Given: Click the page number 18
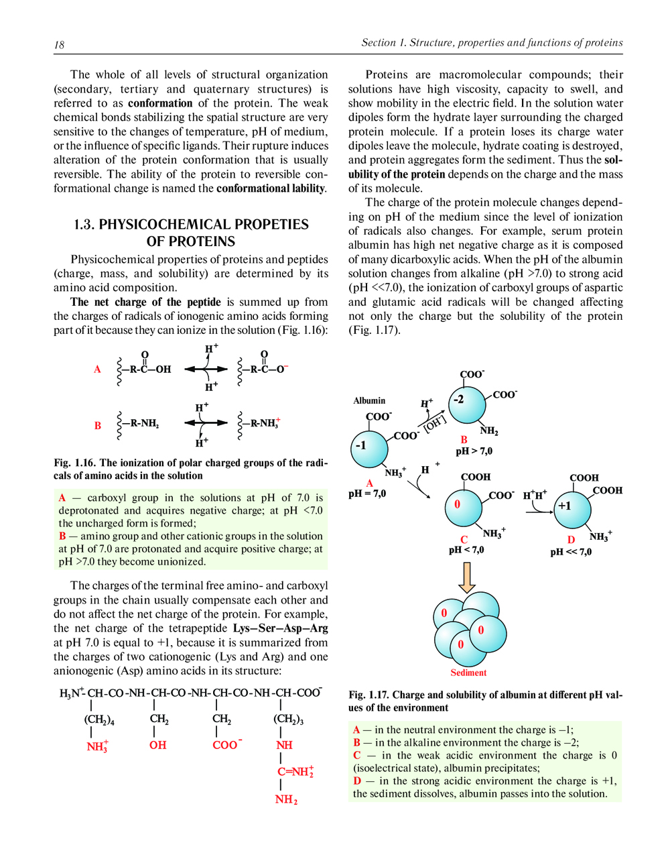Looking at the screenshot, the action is pyautogui.click(x=59, y=45).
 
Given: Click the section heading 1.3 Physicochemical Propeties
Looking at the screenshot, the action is pyautogui.click(x=191, y=233).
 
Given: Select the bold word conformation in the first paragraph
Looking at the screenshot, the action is pyautogui.click(x=160, y=103).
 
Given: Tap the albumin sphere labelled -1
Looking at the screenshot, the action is pyautogui.click(x=369, y=449).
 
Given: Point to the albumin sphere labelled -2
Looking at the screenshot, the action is pyautogui.click(x=468, y=404).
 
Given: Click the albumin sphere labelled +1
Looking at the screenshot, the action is pyautogui.click(x=573, y=510).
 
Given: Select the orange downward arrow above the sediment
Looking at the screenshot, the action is pyautogui.click(x=467, y=577).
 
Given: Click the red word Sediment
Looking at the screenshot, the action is pyautogui.click(x=468, y=673).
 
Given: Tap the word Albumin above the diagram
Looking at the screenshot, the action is pyautogui.click(x=369, y=400).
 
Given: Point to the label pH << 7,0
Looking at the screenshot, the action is pyautogui.click(x=571, y=552).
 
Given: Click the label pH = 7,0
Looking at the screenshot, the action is pyautogui.click(x=367, y=493).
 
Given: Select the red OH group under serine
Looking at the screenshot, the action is pyautogui.click(x=157, y=745).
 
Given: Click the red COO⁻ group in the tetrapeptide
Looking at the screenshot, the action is pyautogui.click(x=226, y=744).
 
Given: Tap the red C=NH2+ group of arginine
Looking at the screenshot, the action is pyautogui.click(x=295, y=771).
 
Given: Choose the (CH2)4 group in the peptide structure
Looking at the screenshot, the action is pyautogui.click(x=99, y=720).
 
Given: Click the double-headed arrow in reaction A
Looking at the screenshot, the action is pyautogui.click(x=206, y=369).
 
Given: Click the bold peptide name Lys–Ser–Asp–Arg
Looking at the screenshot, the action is pyautogui.click(x=281, y=628).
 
